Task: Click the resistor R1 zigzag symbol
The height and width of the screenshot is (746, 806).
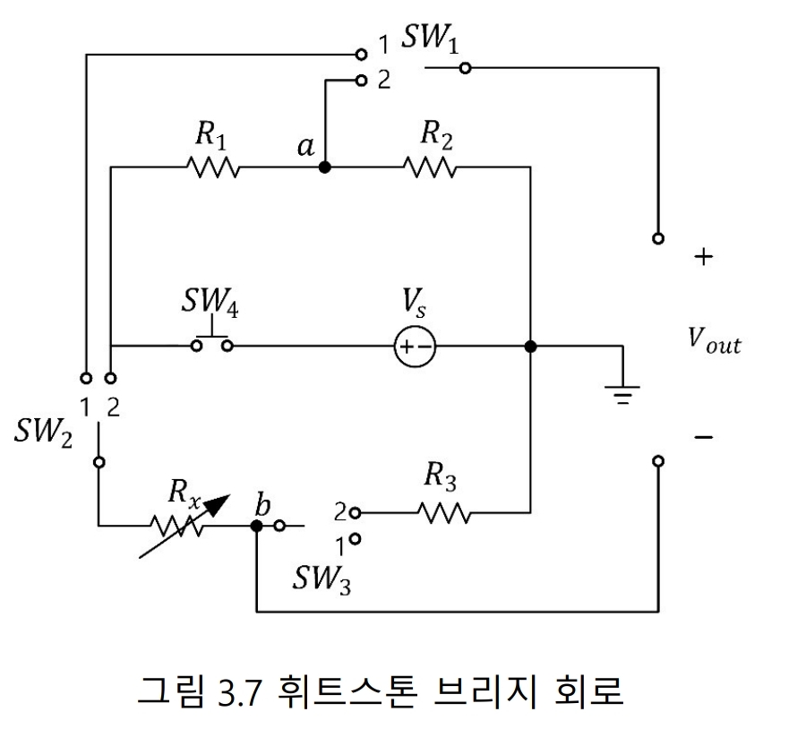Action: [212, 167]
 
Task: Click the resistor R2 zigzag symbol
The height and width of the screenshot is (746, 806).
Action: [430, 167]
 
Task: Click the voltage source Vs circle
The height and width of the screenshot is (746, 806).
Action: [415, 347]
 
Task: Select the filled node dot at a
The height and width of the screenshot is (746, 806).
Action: [324, 167]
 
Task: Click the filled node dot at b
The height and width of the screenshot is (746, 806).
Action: [256, 527]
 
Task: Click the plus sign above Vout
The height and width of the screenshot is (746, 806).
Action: [704, 258]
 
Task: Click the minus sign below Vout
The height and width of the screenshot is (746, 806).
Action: [704, 437]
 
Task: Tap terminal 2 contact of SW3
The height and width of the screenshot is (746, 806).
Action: [356, 513]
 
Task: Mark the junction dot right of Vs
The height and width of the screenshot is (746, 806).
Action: [530, 347]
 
